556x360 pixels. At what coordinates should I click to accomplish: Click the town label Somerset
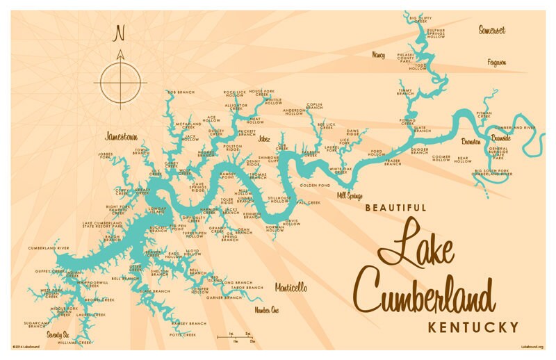[491, 30]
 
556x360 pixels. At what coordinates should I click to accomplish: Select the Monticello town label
[291, 287]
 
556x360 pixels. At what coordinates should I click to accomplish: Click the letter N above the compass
[120, 32]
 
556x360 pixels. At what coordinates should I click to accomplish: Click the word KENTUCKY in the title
[473, 327]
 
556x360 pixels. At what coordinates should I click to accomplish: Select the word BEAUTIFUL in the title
[395, 207]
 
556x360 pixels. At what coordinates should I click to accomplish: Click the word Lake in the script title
[415, 243]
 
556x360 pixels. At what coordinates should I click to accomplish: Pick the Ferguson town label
[496, 63]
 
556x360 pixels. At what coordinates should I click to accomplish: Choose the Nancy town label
[378, 54]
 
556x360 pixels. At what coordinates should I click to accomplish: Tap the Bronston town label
[471, 141]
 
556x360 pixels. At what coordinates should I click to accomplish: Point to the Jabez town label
[263, 139]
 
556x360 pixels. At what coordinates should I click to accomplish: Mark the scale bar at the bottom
[236, 338]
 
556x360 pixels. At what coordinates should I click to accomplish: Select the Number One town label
[266, 309]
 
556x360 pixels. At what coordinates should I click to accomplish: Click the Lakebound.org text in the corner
[532, 346]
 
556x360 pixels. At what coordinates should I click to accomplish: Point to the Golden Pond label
[314, 186]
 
